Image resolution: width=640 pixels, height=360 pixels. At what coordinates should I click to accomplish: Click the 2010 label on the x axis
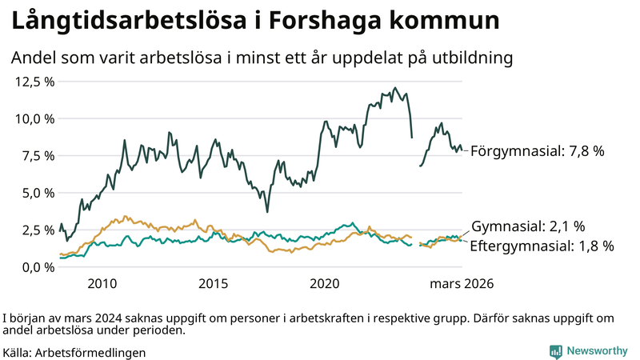tap(102, 284)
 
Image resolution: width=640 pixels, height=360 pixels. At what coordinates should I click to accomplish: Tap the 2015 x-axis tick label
tap(214, 284)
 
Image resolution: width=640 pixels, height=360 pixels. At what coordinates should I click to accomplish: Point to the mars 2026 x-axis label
tap(462, 284)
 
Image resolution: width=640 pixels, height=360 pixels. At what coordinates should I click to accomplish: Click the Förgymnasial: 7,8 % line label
tap(537, 150)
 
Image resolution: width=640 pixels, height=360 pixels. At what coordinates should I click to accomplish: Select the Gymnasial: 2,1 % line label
tap(528, 226)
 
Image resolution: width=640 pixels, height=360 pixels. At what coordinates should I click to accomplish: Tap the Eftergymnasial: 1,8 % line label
tap(542, 246)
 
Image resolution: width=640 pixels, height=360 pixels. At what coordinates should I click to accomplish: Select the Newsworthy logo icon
tap(555, 351)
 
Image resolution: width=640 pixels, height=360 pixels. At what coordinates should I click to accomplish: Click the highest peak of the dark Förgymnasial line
tap(395, 88)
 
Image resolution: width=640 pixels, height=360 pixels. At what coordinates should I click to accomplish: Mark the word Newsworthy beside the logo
tap(598, 351)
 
